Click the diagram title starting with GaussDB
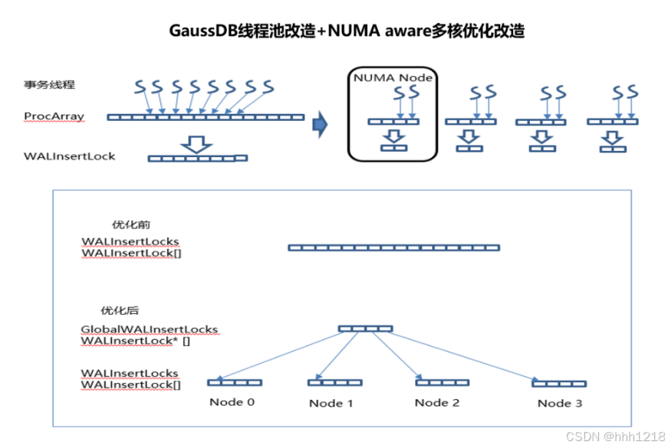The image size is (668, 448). pos(347,31)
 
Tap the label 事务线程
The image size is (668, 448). pos(48,84)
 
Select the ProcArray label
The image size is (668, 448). pos(54,116)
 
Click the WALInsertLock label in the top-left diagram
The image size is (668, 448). pos(70,156)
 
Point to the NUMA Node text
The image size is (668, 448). pos(393,77)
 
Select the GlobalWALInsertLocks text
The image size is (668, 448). pos(150,329)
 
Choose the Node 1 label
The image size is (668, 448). pos(331,404)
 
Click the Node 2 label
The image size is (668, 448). pos(437,403)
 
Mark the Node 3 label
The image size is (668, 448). pos(559,404)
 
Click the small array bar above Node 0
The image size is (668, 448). pos(235,382)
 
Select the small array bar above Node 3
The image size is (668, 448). pos(559,383)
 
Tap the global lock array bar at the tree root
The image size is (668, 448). pos(365,329)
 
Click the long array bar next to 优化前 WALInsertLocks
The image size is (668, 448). pos(393,247)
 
